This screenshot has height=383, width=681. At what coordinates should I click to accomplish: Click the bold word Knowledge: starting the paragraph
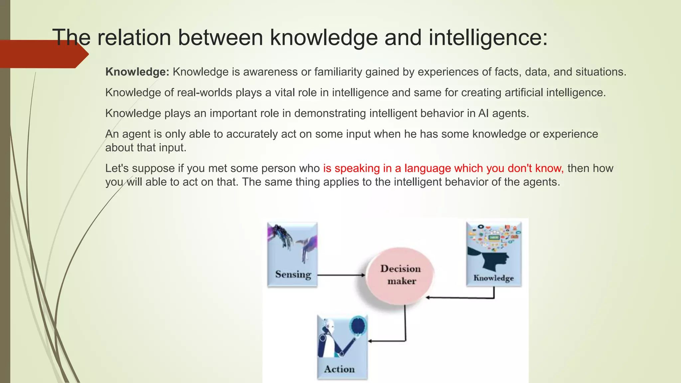(x=137, y=72)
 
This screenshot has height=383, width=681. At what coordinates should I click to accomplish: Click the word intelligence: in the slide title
(x=488, y=37)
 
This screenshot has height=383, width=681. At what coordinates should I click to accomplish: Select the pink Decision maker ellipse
(x=400, y=275)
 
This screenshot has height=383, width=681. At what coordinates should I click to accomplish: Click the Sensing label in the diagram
(x=293, y=274)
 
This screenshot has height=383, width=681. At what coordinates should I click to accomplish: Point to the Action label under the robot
(x=339, y=369)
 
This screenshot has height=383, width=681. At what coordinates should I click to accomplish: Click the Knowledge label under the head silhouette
(x=493, y=278)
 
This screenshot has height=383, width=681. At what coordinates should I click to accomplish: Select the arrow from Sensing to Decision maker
(x=341, y=275)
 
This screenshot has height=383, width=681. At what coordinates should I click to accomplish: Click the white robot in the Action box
(x=328, y=339)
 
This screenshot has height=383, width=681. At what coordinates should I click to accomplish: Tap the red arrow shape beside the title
(x=43, y=54)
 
